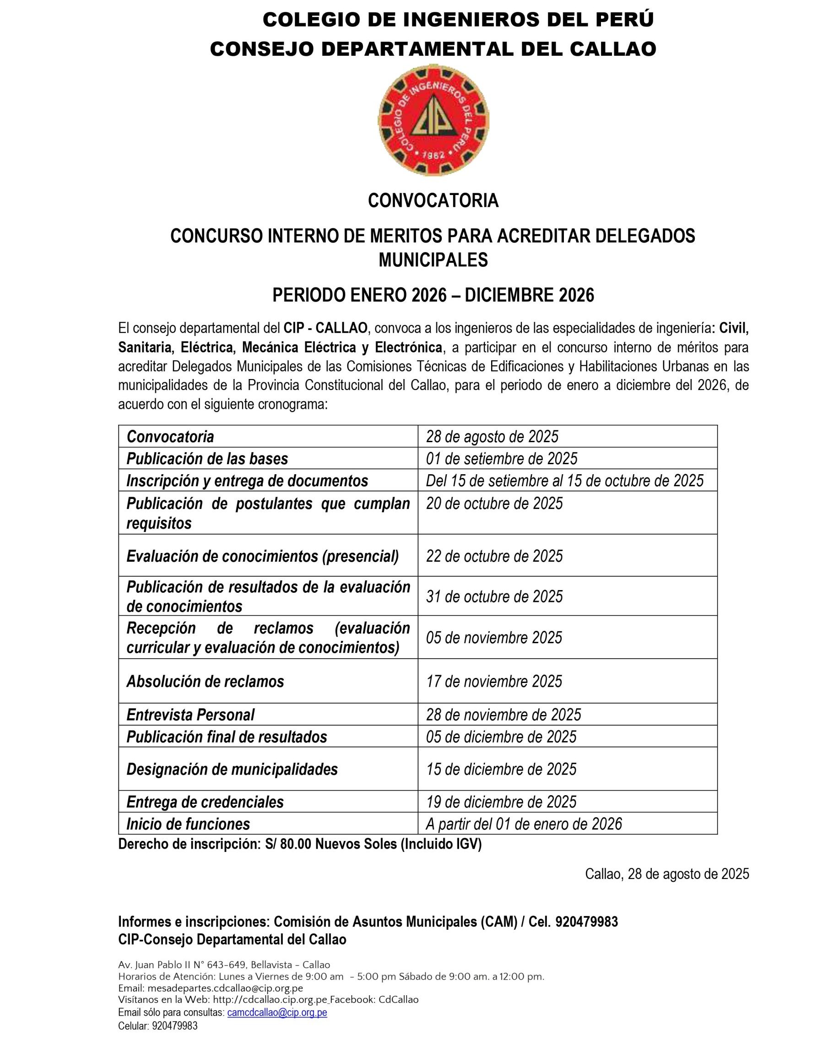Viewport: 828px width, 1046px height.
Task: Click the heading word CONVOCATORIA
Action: [x=433, y=201]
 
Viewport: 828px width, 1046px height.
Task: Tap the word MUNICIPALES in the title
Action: [x=433, y=260]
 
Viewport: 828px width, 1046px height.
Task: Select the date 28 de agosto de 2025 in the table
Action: [x=492, y=437]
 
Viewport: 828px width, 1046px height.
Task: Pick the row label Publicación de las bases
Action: [x=207, y=459]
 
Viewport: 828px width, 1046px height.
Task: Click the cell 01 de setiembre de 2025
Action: [x=502, y=459]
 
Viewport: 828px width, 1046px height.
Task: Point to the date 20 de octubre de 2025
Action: [x=494, y=504]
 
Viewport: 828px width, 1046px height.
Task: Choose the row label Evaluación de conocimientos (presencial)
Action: [x=262, y=556]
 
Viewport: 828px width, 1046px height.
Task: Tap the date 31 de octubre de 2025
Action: [x=494, y=596]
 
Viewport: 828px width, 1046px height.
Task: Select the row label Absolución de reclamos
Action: [x=205, y=682]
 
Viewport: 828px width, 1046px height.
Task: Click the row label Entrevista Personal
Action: [x=190, y=715]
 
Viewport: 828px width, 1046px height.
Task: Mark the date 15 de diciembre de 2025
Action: [x=501, y=769]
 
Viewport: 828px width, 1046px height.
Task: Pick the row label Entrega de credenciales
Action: [x=205, y=802]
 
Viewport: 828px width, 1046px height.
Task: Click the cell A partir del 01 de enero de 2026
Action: [x=524, y=824]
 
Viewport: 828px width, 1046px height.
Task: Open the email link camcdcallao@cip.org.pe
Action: [x=277, y=1013]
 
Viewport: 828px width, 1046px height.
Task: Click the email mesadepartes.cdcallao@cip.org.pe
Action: [x=225, y=988]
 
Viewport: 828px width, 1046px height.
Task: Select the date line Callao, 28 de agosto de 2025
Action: [x=666, y=874]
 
